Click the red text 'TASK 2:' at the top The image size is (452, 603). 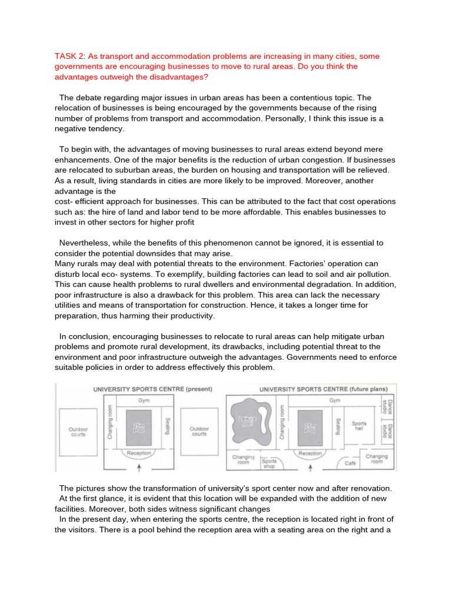(71, 57)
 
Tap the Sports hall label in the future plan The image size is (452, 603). (358, 425)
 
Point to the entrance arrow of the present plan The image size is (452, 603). (139, 468)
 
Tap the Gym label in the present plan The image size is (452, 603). (144, 400)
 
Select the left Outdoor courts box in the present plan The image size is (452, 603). (78, 431)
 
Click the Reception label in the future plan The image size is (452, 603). (310, 453)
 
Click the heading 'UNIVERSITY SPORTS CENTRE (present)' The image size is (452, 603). (144, 389)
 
